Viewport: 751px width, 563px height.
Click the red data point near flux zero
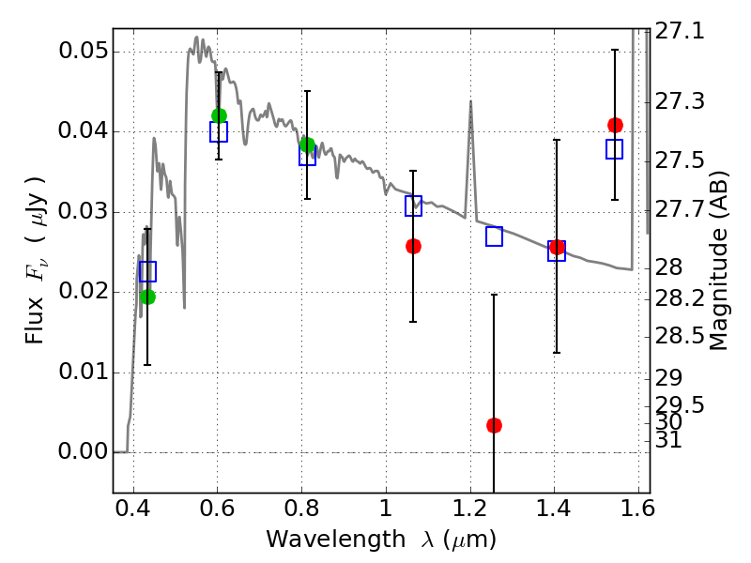click(x=494, y=425)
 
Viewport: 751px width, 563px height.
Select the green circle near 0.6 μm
click(x=219, y=115)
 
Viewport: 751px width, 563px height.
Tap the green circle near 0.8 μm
click(x=307, y=145)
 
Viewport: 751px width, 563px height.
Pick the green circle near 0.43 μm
click(x=147, y=297)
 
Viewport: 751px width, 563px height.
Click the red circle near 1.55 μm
click(x=615, y=125)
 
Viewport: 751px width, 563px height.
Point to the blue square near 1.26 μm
click(x=494, y=236)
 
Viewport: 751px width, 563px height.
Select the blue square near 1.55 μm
click(x=615, y=149)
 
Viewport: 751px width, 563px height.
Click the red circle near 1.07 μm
click(x=413, y=246)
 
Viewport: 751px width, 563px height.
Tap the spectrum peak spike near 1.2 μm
click(x=470, y=101)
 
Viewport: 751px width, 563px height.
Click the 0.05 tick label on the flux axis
click(x=82, y=51)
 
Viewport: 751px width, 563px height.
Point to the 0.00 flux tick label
click(x=82, y=452)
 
